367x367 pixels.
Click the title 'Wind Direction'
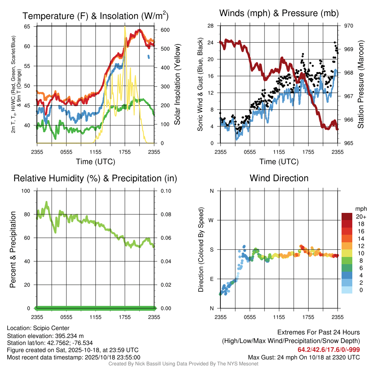click(279, 178)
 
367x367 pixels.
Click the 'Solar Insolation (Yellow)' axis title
click(177, 85)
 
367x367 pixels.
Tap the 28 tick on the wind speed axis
click(211, 26)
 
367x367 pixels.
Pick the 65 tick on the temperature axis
click(27, 27)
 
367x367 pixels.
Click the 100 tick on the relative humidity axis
click(27, 191)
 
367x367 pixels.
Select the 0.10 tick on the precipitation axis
click(165, 191)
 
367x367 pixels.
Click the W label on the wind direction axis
click(211, 220)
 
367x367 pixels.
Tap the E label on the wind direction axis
click(211, 279)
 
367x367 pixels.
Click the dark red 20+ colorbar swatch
click(347, 216)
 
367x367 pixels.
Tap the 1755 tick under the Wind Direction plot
click(308, 317)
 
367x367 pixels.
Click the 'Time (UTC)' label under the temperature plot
click(96, 162)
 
